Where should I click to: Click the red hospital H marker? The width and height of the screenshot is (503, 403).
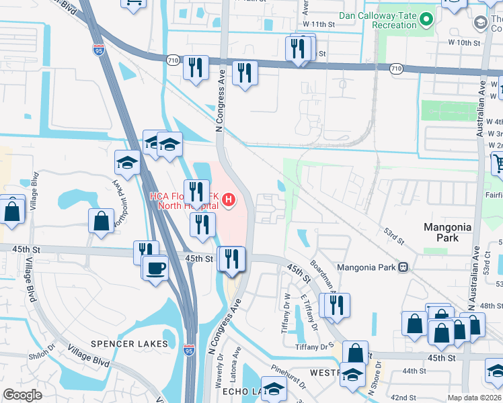[229, 199]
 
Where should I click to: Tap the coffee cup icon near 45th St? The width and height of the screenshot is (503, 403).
[155, 268]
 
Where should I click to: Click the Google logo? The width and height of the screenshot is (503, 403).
[22, 395]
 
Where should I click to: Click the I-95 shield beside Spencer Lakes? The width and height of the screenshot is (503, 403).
[190, 350]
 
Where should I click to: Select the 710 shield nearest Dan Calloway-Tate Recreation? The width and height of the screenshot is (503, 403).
[395, 69]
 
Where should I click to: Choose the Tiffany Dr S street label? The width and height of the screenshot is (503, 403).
[314, 347]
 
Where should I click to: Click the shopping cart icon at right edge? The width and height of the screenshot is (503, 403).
[498, 163]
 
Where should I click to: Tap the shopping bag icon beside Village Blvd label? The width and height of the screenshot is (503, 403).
[13, 210]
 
